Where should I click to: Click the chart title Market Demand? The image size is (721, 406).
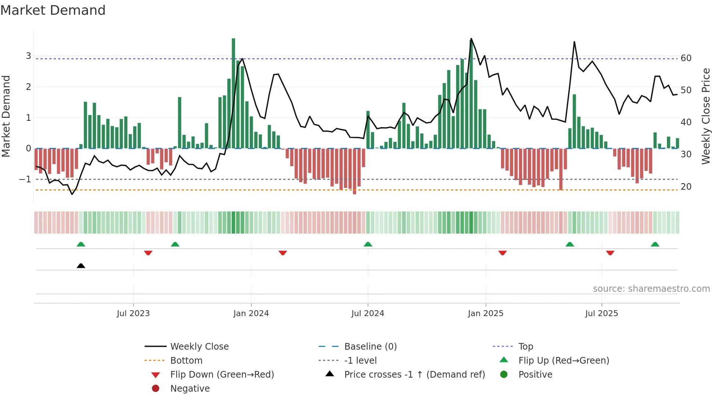click(53, 10)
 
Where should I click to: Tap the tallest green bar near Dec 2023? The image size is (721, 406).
click(233, 92)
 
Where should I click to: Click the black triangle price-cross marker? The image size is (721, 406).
click(81, 266)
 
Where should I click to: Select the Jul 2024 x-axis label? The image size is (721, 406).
click(367, 314)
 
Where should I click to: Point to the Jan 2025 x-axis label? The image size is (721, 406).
click(485, 314)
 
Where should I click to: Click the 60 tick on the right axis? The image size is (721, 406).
click(686, 58)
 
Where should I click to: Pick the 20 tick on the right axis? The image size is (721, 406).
click(686, 187)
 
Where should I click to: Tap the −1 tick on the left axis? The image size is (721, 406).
click(25, 179)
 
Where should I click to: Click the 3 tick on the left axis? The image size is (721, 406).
click(28, 56)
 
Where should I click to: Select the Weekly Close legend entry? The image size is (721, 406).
click(199, 347)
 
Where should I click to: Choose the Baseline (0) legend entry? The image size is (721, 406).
click(370, 347)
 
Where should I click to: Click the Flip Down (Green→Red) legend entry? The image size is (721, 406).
click(222, 375)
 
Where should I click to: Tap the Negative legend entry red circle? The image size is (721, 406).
click(156, 389)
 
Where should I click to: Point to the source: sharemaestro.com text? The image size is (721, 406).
click(651, 289)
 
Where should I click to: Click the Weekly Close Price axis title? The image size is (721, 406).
click(706, 116)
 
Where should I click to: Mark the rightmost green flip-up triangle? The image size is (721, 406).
click(655, 244)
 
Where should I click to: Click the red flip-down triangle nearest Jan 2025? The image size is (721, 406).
click(502, 253)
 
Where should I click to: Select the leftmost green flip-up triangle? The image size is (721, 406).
click(81, 244)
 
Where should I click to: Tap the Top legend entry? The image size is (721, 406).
click(525, 347)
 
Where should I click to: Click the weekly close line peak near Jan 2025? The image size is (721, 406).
click(471, 39)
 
